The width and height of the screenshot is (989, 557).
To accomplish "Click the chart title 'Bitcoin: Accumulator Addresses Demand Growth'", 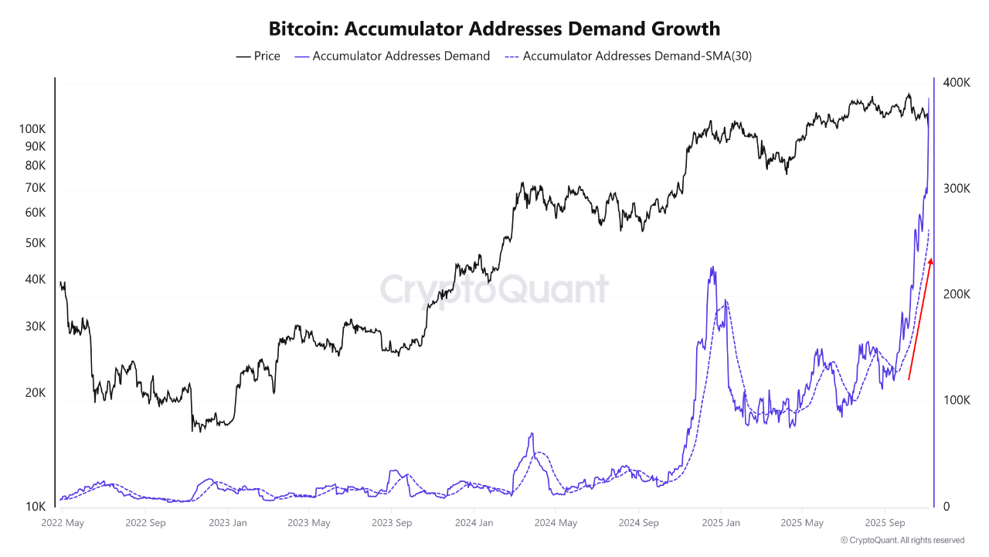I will [x=494, y=29].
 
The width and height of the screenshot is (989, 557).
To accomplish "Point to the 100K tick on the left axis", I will [x=32, y=128].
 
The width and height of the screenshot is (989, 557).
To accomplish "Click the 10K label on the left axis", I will [x=36, y=507].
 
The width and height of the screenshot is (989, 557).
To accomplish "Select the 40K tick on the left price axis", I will [x=36, y=279].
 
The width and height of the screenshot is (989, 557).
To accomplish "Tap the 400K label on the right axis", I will [x=957, y=83].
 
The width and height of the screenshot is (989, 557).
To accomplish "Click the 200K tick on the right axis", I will [x=957, y=295].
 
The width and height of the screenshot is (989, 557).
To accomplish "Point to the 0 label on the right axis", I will [x=946, y=507].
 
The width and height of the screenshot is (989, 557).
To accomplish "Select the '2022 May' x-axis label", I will [x=62, y=523].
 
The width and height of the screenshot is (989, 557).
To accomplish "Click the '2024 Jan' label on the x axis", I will [x=474, y=523].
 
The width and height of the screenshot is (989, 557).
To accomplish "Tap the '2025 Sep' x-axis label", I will [x=885, y=523].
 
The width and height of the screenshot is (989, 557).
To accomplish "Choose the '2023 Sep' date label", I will [x=391, y=523].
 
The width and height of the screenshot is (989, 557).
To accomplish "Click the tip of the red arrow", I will [x=931, y=259].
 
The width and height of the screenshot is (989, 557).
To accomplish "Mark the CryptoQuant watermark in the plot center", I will [x=494, y=289].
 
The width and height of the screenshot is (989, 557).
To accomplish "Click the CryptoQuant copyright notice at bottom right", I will [x=902, y=540].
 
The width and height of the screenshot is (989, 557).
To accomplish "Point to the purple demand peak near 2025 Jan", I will [x=712, y=268].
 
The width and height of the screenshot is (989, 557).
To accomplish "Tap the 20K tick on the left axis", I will [x=36, y=393].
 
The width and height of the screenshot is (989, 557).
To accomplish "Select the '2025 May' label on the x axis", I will [x=802, y=523].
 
